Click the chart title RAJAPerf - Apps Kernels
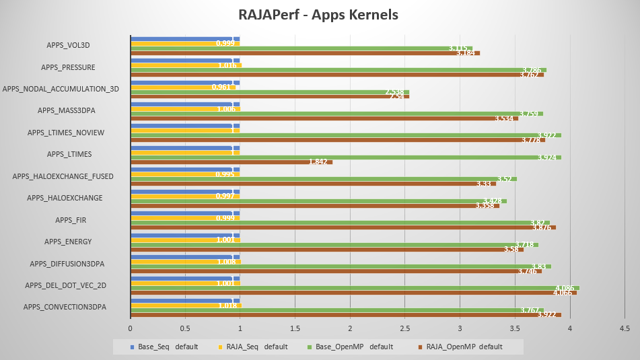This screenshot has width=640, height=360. click(x=318, y=14)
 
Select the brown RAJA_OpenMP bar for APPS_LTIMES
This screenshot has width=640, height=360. click(x=232, y=162)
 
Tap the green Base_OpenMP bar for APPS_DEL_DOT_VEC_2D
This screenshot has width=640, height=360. click(x=355, y=288)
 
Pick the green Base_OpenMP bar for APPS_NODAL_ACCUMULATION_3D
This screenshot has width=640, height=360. click(x=269, y=92)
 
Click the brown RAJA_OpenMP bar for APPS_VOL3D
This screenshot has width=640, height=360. click(x=305, y=52)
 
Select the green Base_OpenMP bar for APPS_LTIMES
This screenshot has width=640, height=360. click(x=345, y=157)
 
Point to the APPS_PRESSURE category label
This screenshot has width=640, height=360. click(x=67, y=67)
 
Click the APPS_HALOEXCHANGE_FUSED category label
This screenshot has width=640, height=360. click(x=63, y=176)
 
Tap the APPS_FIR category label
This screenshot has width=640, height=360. click(x=71, y=220)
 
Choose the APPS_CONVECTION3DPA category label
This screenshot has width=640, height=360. click(x=65, y=307)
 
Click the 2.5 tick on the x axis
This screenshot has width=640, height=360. click(x=405, y=328)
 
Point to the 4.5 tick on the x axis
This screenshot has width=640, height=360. click(x=625, y=328)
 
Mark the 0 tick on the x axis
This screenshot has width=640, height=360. click(x=131, y=328)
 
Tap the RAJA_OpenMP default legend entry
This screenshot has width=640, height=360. click(x=460, y=347)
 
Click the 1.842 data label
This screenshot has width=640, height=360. click(x=318, y=162)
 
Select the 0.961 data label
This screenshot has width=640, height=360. click(x=221, y=87)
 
